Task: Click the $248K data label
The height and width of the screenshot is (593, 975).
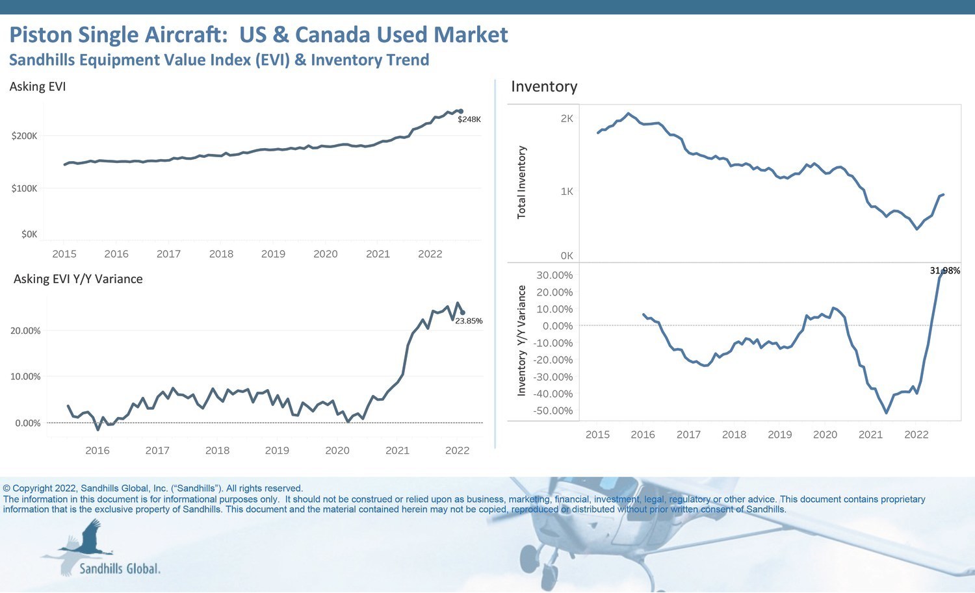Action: [x=469, y=120]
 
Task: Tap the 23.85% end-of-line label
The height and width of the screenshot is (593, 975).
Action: [x=469, y=321]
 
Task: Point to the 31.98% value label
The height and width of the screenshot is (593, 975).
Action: [x=944, y=271]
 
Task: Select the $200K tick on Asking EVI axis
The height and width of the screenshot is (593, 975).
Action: [x=25, y=136]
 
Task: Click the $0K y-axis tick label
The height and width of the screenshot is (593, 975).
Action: [x=29, y=234]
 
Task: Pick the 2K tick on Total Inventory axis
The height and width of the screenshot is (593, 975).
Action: [x=567, y=119]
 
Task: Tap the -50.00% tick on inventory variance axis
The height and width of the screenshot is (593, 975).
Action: [x=552, y=411]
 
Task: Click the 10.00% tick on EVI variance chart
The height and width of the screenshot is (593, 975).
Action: [x=25, y=377]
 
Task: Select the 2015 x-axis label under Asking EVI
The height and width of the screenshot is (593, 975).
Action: [x=64, y=254]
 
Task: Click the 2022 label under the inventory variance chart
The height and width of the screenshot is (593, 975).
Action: [x=916, y=435]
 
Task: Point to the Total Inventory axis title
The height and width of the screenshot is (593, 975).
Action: [x=521, y=183]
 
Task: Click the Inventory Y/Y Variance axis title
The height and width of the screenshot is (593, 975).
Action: [x=521, y=341]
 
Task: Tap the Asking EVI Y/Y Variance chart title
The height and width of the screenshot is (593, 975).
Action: [x=78, y=279]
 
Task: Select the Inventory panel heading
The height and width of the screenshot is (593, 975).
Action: [x=544, y=86]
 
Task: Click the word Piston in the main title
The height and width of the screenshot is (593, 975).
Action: [x=40, y=35]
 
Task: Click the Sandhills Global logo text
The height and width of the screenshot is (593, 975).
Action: [x=120, y=569]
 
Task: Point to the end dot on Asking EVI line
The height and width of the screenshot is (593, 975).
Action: [x=461, y=111]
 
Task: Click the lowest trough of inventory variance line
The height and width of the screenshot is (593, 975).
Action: [x=886, y=412]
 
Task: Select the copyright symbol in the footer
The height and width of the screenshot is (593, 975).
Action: [x=6, y=488]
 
